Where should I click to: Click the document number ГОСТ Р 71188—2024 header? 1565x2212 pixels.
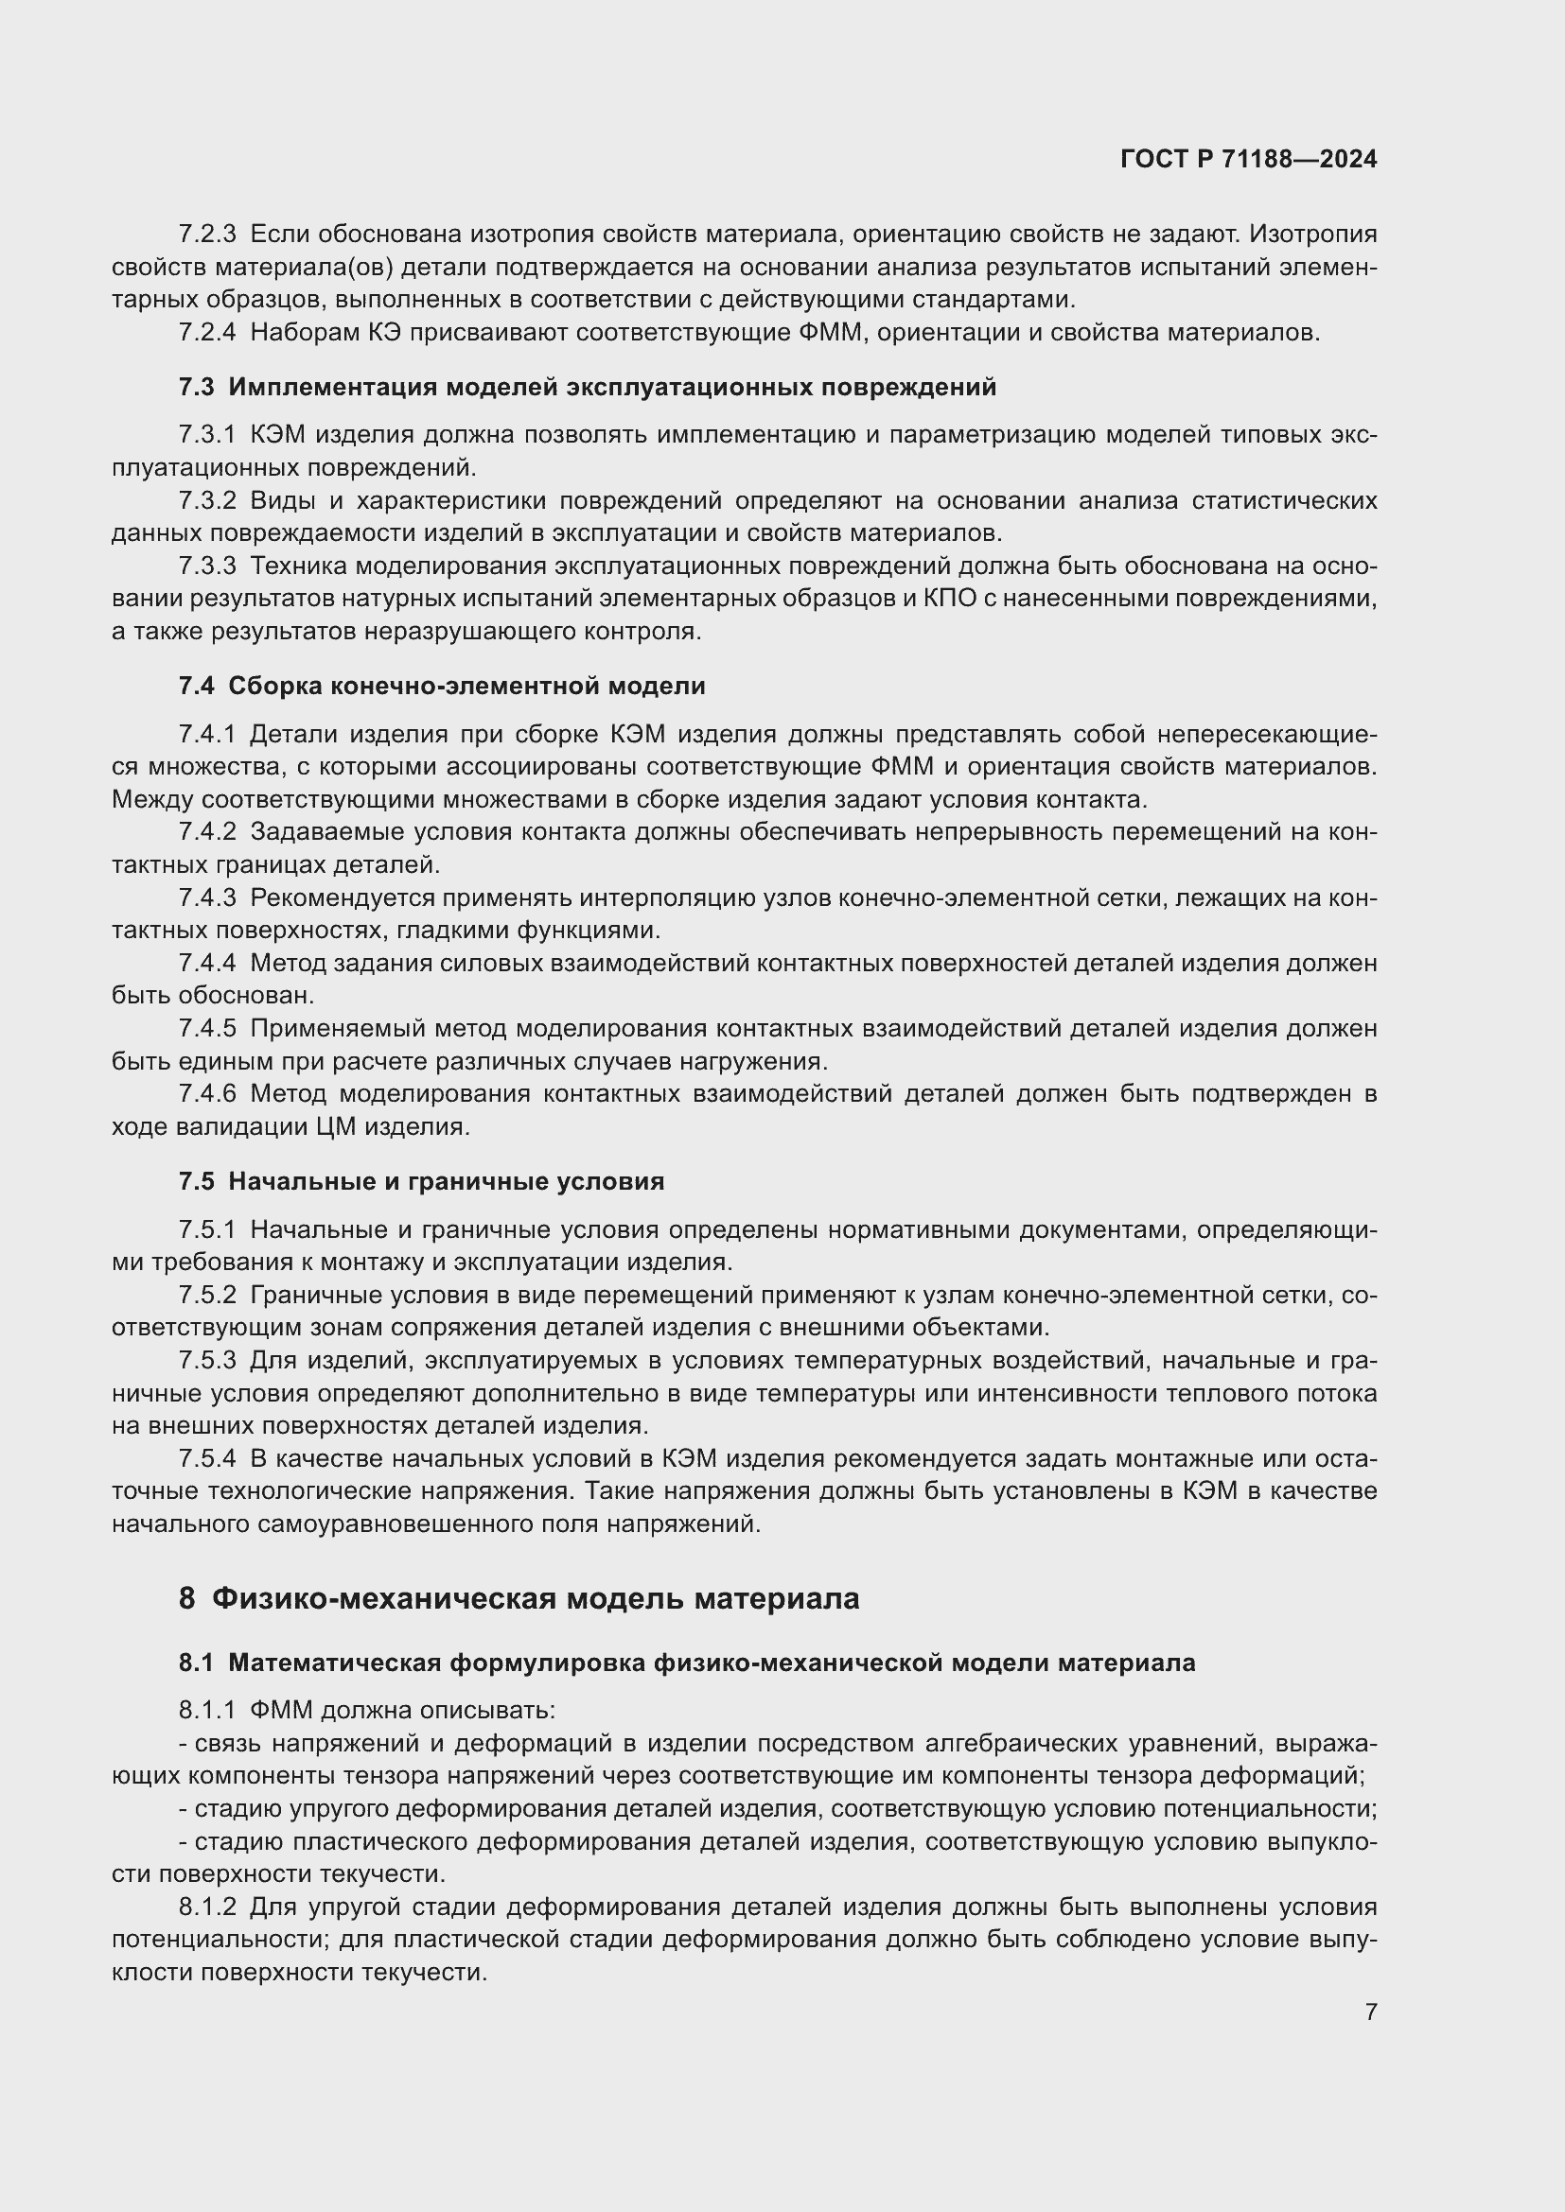click(x=1248, y=160)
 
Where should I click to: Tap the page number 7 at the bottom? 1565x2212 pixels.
click(x=1370, y=2012)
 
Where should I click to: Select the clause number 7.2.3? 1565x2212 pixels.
click(x=206, y=235)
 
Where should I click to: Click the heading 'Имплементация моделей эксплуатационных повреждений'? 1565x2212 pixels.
click(x=612, y=388)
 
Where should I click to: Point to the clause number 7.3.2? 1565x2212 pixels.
click(x=206, y=501)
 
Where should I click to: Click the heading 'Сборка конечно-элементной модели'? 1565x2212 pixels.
click(x=466, y=686)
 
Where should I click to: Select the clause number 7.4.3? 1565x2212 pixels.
click(x=206, y=897)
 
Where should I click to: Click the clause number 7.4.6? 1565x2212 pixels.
click(x=206, y=1093)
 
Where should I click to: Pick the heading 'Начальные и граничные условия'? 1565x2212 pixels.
click(x=447, y=1181)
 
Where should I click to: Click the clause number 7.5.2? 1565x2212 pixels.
click(x=206, y=1296)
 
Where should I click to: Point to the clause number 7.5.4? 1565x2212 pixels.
click(x=206, y=1458)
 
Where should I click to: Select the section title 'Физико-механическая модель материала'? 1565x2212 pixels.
click(x=535, y=1598)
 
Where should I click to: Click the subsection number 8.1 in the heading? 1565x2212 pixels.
click(x=196, y=1663)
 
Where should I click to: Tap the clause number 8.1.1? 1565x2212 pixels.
click(x=206, y=1711)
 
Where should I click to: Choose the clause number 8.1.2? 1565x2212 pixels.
click(x=206, y=1907)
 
